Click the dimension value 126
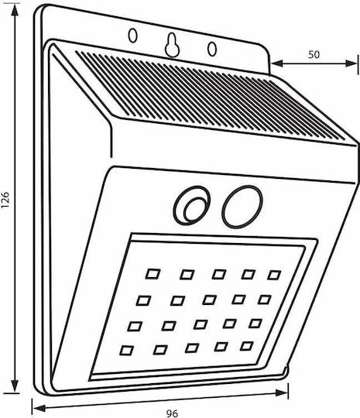coord(5,200)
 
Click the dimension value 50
coord(314,54)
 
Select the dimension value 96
coord(172,413)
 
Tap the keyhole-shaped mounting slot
coord(173,45)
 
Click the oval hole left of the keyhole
coord(133,36)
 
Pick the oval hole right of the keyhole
coord(212,49)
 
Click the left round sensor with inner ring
coord(192,204)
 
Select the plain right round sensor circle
coord(242,207)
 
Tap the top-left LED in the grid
coord(153,274)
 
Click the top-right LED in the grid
coord(274,275)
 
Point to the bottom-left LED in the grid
coord(127,351)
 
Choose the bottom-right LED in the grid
coord(247,346)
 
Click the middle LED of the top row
coord(219,274)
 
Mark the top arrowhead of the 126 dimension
coord(15,11)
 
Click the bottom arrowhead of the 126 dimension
coord(15,386)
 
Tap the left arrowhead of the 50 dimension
coord(277,63)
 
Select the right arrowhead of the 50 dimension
coord(351,63)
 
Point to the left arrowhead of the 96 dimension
coord(39,408)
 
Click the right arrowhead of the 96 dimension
coord(282,392)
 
